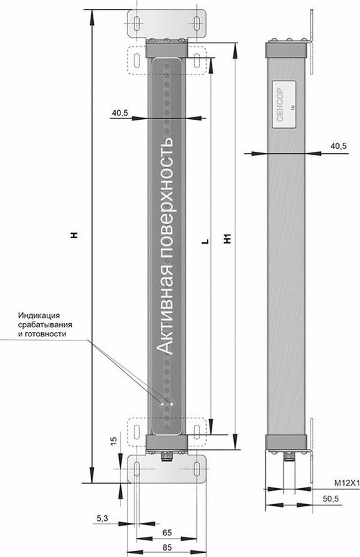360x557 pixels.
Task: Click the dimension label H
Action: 75,235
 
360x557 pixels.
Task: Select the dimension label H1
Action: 228,238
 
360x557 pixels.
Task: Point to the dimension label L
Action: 205,241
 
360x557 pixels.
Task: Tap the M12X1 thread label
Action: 347,483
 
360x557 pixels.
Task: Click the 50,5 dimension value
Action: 331,499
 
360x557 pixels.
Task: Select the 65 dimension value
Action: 166,532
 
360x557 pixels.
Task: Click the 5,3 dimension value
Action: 102,519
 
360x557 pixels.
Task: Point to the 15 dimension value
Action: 114,441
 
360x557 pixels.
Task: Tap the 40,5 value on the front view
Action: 120,113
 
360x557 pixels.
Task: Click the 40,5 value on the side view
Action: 338,146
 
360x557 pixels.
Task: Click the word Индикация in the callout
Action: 39,315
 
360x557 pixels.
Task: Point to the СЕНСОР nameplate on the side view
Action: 284,104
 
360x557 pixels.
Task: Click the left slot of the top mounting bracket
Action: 136,23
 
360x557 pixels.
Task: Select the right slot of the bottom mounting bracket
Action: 196,469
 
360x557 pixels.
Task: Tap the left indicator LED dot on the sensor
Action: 162,404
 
